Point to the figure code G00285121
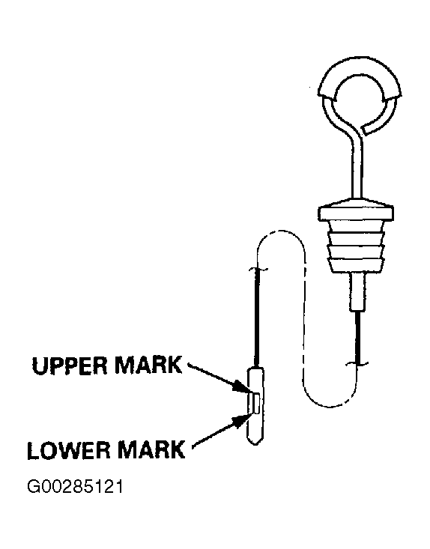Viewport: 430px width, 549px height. pos(75,487)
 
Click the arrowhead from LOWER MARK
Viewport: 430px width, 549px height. pos(242,420)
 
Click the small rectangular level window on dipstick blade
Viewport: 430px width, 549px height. pos(257,404)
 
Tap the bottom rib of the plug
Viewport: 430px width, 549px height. pos(356,265)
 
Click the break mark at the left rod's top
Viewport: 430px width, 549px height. pos(258,269)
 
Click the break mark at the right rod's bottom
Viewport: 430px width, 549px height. pos(357,364)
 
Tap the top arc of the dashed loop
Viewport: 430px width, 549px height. pos(280,231)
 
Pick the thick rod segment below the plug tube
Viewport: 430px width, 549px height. pos(357,337)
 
